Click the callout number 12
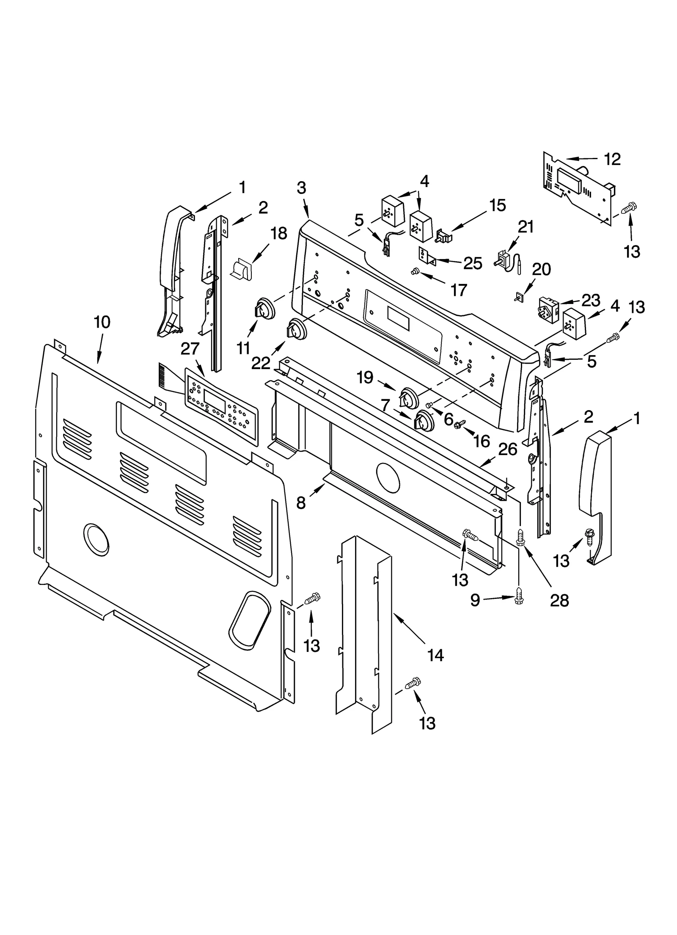612,159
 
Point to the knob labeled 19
407,397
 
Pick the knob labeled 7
424,420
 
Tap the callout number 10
102,322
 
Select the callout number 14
435,655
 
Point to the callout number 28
559,600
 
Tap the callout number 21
526,227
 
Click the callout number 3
301,188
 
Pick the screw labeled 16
459,424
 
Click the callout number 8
301,503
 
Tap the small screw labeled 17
415,271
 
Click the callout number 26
507,449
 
